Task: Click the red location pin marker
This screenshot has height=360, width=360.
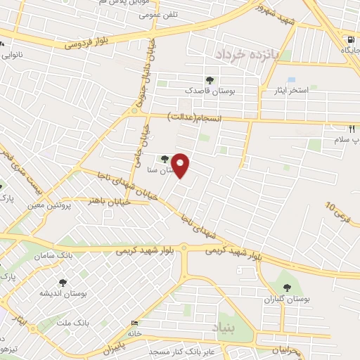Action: [181, 165]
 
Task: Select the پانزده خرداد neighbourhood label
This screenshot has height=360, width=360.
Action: [247, 53]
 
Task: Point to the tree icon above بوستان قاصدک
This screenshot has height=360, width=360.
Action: [210, 80]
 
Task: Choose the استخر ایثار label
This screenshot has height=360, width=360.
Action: [284, 91]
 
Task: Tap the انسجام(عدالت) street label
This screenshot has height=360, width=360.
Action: [195, 118]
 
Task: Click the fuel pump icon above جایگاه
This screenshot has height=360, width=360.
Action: [351, 40]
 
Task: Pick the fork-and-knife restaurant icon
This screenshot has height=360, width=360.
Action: [352, 129]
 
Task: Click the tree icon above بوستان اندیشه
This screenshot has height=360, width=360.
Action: [63, 283]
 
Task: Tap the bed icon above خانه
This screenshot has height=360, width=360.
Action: [135, 323]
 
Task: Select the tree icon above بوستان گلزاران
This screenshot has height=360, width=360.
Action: [286, 287]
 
